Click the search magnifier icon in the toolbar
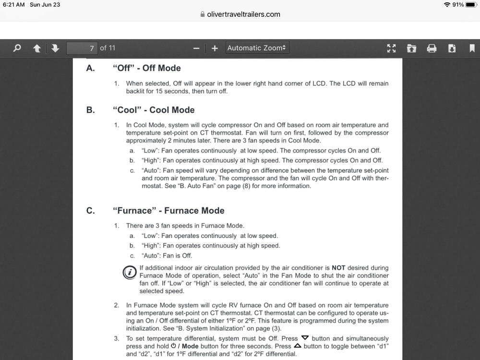(17, 48)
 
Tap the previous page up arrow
(37, 48)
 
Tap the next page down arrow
(55, 48)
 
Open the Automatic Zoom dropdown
(257, 48)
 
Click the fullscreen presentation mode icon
(392, 48)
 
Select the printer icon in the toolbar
(432, 48)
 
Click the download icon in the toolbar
(452, 48)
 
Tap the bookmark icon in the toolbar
(472, 48)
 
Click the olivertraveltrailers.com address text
(243, 14)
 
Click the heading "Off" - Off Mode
(146, 68)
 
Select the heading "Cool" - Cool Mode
(154, 110)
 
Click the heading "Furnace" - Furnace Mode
(168, 211)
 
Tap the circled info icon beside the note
(129, 273)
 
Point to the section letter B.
(90, 110)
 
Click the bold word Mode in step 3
(191, 347)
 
